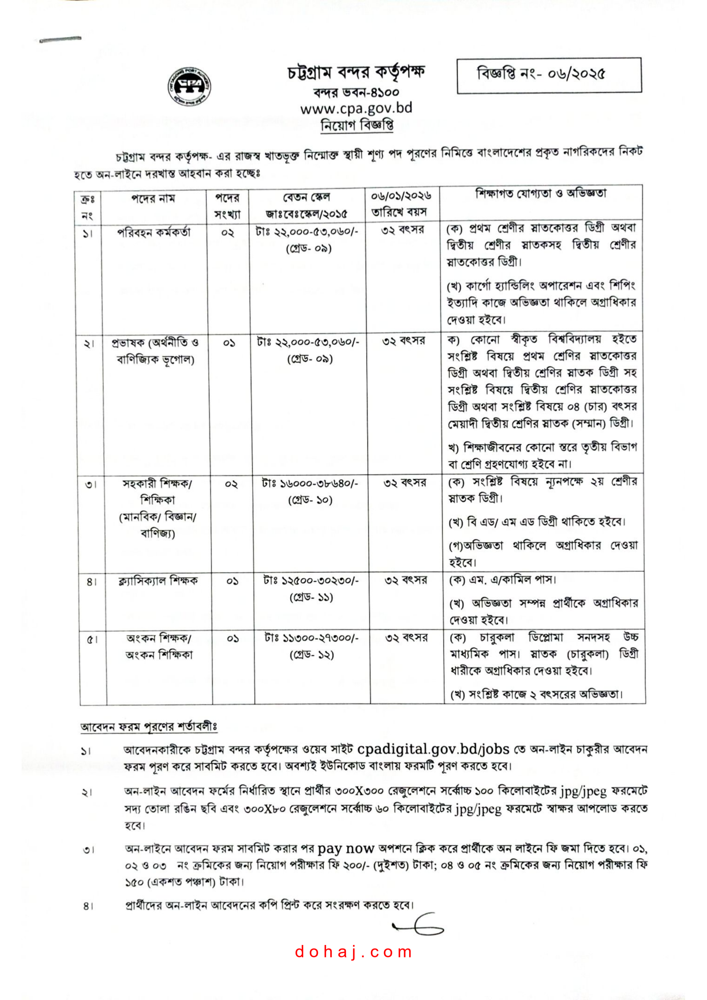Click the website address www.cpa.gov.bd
356,108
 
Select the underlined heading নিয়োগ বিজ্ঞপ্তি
357,125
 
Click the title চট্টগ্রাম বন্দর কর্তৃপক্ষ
356,73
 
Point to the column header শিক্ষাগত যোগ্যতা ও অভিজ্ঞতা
540,193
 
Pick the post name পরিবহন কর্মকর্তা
154,232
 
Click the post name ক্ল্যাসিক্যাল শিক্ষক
158,580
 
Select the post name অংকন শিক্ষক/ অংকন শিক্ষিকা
159,646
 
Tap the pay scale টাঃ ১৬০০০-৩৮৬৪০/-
310,484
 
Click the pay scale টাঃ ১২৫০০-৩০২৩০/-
311,580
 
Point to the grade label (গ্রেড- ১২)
312,655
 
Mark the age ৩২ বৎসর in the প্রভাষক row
403,341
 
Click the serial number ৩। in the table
91,484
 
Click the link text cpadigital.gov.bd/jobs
433,749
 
